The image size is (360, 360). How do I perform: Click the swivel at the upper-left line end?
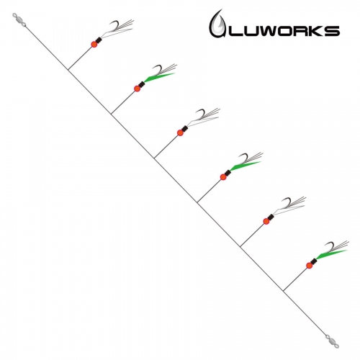[19, 20]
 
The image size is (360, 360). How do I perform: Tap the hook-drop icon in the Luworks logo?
[218, 24]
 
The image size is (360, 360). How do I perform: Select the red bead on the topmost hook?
[94, 45]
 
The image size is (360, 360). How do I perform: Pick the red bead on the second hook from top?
[137, 89]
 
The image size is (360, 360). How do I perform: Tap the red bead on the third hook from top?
[180, 132]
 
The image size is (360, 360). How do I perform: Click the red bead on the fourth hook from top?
[223, 177]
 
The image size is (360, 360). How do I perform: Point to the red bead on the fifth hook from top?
[266, 221]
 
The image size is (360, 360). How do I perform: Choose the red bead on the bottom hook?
[310, 266]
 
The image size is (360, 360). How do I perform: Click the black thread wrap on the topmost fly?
[99, 40]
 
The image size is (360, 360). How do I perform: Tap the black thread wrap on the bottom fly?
[314, 261]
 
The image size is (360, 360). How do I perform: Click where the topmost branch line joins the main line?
[68, 70]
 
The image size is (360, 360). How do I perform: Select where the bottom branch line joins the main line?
[284, 291]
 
